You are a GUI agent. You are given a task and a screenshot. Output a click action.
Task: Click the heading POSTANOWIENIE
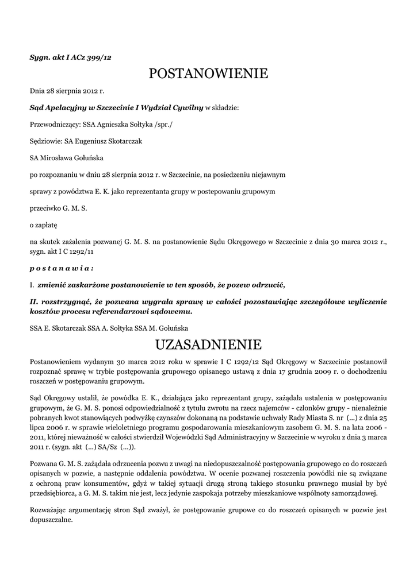pos(208,73)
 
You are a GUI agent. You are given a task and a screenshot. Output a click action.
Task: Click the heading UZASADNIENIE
pos(208,345)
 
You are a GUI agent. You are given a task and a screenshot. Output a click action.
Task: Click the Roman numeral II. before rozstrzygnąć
pos(35,301)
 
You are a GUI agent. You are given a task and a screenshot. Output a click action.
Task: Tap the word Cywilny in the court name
pos(185,107)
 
